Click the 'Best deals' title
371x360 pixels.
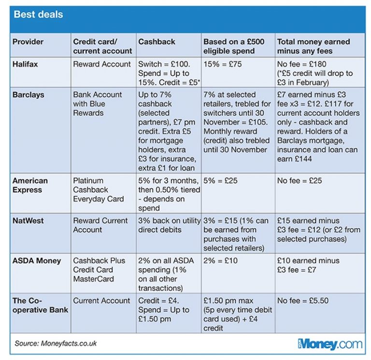click(38, 14)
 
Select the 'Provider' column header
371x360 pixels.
click(28, 42)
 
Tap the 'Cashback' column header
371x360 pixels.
click(157, 42)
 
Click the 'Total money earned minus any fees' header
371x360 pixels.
click(313, 46)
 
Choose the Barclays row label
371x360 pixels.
click(29, 95)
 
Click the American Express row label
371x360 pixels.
click(30, 185)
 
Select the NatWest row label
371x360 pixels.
click(28, 221)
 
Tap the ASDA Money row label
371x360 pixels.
click(37, 260)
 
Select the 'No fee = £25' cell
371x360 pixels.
click(300, 181)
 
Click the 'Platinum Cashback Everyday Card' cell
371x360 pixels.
click(99, 190)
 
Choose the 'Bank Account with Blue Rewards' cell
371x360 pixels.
click(98, 103)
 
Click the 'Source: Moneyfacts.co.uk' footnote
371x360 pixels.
click(56, 343)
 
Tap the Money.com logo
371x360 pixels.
click(329, 344)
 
